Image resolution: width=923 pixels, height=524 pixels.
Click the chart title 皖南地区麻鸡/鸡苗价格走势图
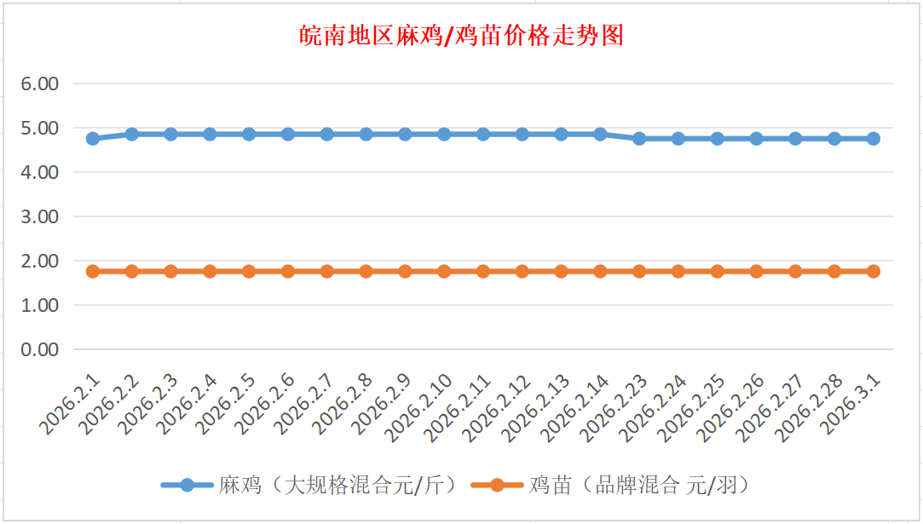pyautogui.click(x=462, y=36)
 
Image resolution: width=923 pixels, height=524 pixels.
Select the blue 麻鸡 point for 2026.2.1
pyautogui.click(x=93, y=138)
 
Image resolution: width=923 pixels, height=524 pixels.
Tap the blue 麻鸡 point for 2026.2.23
pyautogui.click(x=639, y=138)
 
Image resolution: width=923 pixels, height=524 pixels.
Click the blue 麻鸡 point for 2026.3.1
pyautogui.click(x=874, y=138)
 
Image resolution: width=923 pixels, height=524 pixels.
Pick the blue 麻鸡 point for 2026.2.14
pyautogui.click(x=600, y=134)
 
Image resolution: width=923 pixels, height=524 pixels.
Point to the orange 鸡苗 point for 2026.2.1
pyautogui.click(x=93, y=271)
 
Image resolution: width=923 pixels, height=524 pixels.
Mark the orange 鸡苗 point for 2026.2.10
pyautogui.click(x=444, y=271)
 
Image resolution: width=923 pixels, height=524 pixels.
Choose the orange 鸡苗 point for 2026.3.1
pyautogui.click(x=874, y=271)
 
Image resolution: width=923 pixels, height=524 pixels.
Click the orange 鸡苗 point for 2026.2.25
pyautogui.click(x=718, y=271)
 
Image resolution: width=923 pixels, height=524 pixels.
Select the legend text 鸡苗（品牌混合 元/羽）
pyautogui.click(x=638, y=486)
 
